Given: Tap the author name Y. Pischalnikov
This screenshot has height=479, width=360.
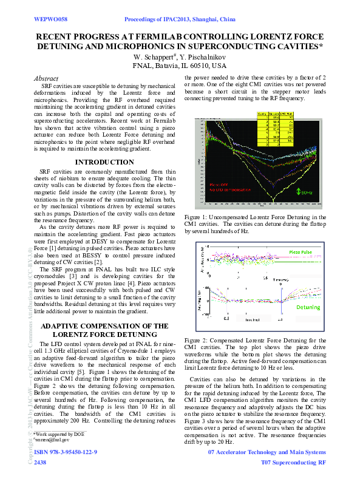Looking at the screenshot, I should tap(202, 56).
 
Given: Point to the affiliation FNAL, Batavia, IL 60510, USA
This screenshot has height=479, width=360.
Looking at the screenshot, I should tap(180, 66).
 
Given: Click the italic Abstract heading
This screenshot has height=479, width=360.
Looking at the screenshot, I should tap(46, 79).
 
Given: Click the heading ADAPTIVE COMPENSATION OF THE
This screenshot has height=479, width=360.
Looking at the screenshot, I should tap(104, 326).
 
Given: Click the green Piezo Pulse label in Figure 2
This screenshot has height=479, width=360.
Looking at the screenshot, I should tap(302, 251).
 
